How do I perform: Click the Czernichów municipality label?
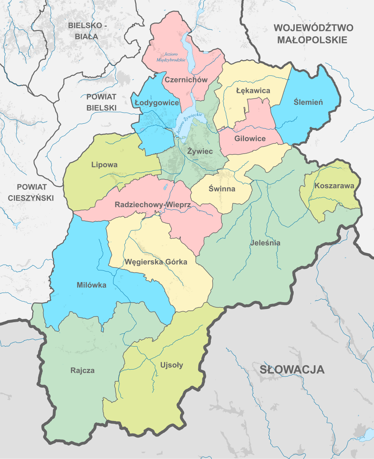pyautogui.click(x=186, y=80)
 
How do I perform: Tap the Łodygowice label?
pyautogui.click(x=157, y=103)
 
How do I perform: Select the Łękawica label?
pyautogui.click(x=253, y=91)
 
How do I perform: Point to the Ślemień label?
pyautogui.click(x=308, y=102)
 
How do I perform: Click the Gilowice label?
pyautogui.click(x=250, y=139)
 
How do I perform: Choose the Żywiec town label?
pyautogui.click(x=200, y=151)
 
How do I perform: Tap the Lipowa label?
pyautogui.click(x=104, y=165)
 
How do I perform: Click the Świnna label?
pyautogui.click(x=222, y=189)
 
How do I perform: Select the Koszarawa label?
pyautogui.click(x=334, y=186)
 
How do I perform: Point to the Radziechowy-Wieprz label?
pyautogui.click(x=153, y=205)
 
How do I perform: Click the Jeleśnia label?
pyautogui.click(x=266, y=243)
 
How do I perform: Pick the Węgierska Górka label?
pyautogui.click(x=156, y=262)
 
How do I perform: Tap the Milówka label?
pyautogui.click(x=92, y=285)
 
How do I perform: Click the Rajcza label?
pyautogui.click(x=83, y=371)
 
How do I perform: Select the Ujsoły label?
pyautogui.click(x=172, y=365)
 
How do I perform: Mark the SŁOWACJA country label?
pyautogui.click(x=292, y=369)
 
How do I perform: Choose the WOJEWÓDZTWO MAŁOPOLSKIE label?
pyautogui.click(x=313, y=34)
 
